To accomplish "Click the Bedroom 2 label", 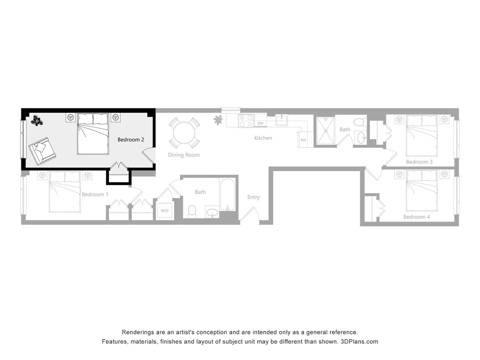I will (131, 139).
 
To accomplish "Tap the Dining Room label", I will (183, 155).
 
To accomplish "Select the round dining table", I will (184, 133).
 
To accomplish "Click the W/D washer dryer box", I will (165, 210).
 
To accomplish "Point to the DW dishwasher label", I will (260, 123).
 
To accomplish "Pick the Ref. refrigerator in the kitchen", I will (304, 139).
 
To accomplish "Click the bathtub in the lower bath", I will (227, 195).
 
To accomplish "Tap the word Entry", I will (253, 197).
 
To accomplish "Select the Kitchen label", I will (263, 138).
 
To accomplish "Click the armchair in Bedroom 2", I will (42, 151).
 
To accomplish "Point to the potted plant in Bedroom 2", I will (37, 121).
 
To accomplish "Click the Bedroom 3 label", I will (419, 162).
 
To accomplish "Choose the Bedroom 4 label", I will (416, 217).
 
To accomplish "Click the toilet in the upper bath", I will (359, 122).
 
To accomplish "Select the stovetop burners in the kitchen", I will (246, 121).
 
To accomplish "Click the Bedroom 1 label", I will (95, 195).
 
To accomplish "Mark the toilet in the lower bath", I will (192, 212).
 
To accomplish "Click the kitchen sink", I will (282, 120).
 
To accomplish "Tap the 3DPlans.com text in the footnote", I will (359, 341).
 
